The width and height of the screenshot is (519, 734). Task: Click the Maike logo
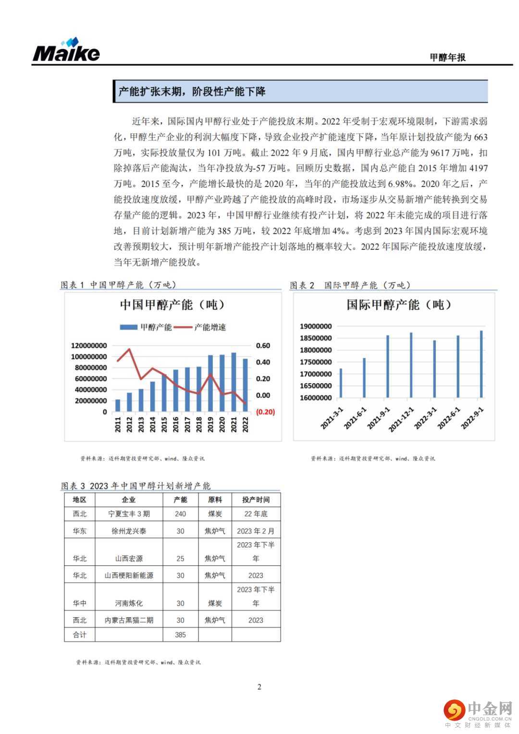tap(66, 50)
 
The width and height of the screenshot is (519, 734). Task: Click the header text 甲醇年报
tap(447, 57)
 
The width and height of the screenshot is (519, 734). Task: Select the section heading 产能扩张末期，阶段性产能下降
tap(192, 91)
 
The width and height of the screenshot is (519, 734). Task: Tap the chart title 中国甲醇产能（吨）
tap(173, 305)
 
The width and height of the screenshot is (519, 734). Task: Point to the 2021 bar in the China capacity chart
tap(234, 382)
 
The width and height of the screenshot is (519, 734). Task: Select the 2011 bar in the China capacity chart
tap(118, 405)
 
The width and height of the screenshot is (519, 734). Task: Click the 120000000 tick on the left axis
tap(89, 346)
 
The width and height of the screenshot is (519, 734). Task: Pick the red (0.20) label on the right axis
tap(265, 412)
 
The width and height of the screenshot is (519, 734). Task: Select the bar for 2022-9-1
tap(481, 364)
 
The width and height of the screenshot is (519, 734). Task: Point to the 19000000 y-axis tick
tap(316, 326)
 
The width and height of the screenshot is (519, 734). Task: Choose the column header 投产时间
tap(256, 500)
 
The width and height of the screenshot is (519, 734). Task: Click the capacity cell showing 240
tap(180, 514)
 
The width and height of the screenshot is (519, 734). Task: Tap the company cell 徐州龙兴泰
tap(129, 531)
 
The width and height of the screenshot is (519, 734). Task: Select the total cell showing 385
tap(180, 634)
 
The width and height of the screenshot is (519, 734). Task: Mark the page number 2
tap(259, 686)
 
